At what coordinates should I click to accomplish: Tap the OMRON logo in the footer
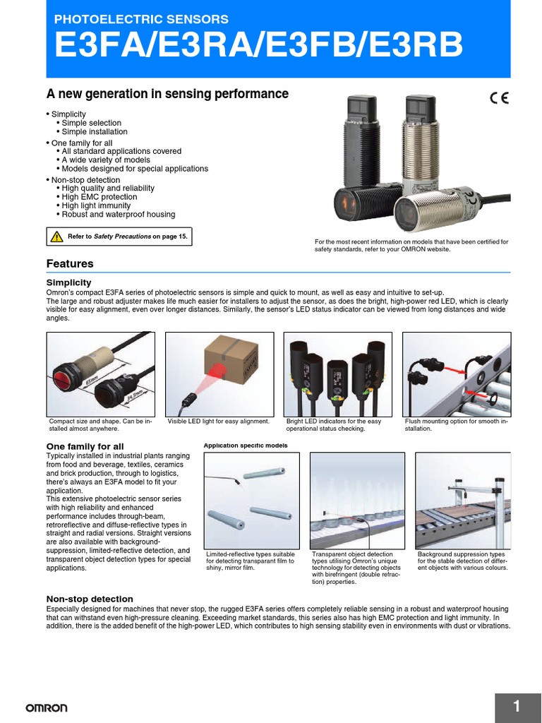(x=47, y=707)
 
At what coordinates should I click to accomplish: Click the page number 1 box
(x=517, y=707)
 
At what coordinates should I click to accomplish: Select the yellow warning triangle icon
(x=56, y=237)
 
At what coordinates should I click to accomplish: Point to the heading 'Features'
(x=70, y=263)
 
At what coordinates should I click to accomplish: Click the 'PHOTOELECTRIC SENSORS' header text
(x=141, y=19)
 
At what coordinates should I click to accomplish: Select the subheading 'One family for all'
(x=85, y=446)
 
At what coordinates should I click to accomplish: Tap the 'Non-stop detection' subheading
(x=90, y=599)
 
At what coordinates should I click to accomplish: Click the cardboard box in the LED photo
(x=227, y=358)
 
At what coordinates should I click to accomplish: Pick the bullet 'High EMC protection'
(x=108, y=197)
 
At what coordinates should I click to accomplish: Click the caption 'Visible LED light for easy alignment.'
(x=218, y=422)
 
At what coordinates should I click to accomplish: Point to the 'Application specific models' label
(x=246, y=446)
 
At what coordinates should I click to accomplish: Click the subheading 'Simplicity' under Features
(x=68, y=282)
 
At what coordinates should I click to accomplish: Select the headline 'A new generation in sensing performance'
(x=167, y=94)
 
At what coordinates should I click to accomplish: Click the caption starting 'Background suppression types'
(x=462, y=561)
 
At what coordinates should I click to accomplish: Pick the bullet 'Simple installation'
(x=95, y=132)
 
